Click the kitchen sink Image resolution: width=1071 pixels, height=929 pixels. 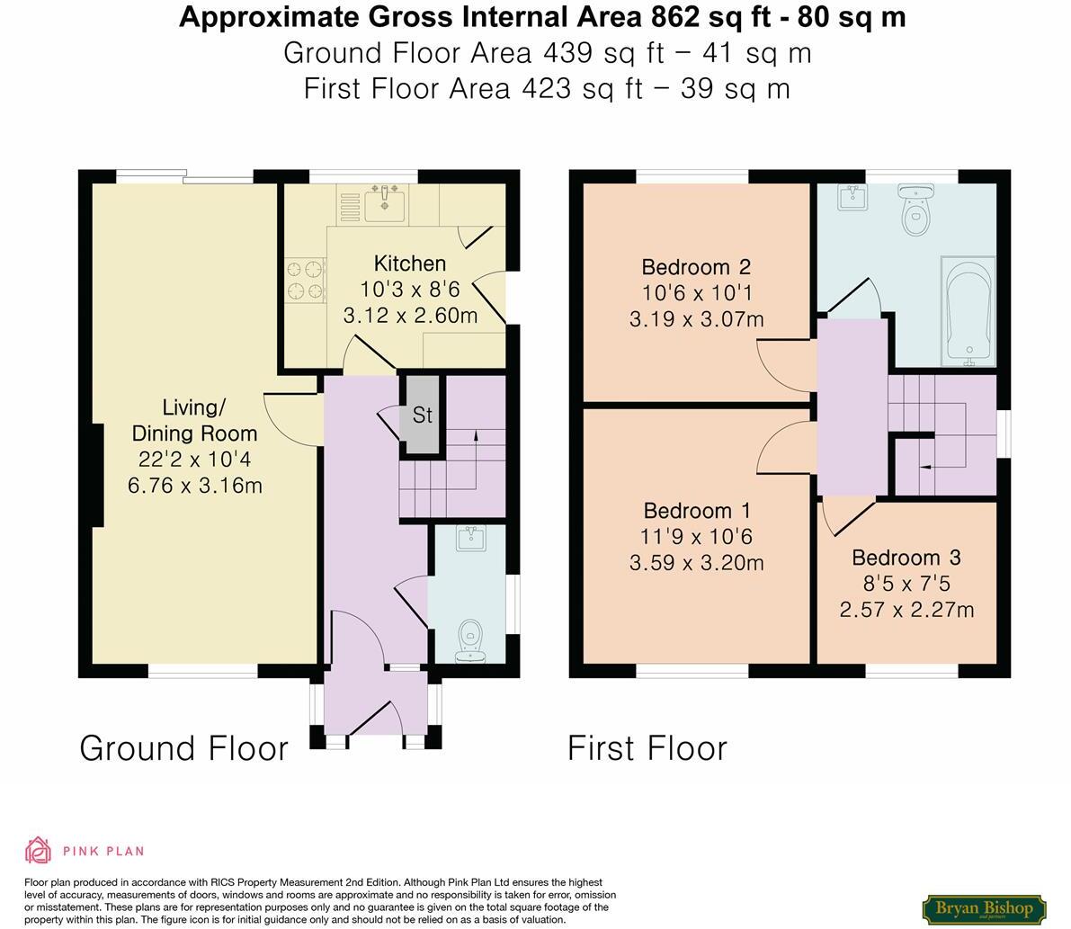tap(388, 201)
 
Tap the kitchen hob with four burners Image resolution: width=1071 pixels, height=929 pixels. tap(305, 279)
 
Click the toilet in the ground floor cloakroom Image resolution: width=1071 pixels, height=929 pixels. tap(469, 640)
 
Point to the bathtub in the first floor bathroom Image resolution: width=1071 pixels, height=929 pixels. tap(968, 311)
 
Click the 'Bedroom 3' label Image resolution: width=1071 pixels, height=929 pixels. tap(906, 558)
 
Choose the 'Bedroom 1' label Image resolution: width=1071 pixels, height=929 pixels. tap(697, 511)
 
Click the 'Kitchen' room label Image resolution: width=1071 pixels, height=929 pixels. tap(409, 264)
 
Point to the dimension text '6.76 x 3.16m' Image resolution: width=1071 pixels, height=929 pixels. tap(195, 486)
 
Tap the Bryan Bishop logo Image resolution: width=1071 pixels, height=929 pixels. tap(984, 908)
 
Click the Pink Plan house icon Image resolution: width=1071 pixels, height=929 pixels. tap(39, 850)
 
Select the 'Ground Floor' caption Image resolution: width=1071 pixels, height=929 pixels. tap(184, 748)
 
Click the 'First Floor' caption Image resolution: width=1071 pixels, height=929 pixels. tap(647, 748)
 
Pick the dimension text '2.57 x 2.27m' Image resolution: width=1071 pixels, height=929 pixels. tap(906, 610)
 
